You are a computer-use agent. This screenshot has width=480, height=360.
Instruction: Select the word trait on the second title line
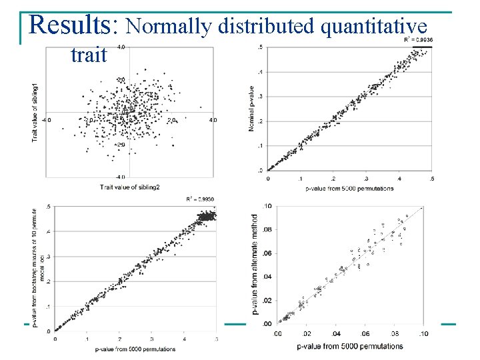88,55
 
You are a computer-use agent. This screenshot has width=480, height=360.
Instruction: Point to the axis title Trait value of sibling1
35,112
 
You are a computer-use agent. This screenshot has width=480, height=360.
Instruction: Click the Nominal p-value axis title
251,108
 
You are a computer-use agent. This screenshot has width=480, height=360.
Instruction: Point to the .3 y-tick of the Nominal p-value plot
260,97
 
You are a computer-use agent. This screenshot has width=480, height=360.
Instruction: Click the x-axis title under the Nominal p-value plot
350,189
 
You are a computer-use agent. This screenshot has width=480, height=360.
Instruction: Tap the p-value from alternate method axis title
255,264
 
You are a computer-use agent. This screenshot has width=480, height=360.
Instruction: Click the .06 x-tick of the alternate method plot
365,334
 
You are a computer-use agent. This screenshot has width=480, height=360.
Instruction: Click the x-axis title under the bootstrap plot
135,349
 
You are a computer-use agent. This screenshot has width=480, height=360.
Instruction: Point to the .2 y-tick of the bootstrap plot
46,281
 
